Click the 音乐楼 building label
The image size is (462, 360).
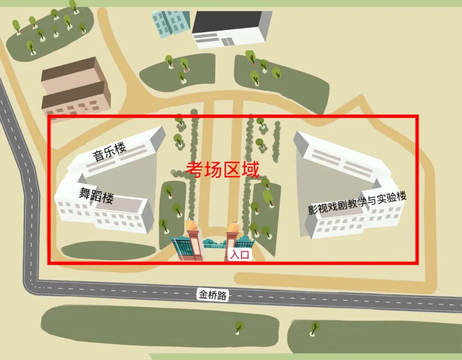coord(110,152)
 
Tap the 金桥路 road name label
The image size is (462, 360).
coord(213,295)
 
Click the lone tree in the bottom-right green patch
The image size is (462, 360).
coord(315,328)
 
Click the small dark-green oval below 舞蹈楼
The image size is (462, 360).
coord(107,251)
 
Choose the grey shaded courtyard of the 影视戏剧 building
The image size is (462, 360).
coord(325,188)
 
